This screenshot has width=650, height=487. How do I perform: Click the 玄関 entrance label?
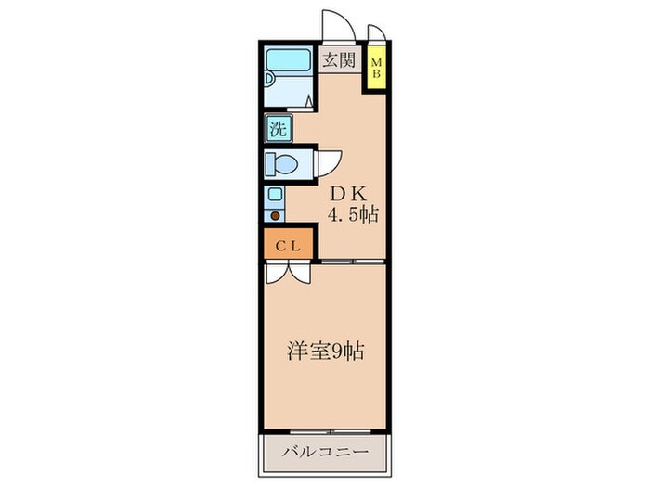tap(339, 60)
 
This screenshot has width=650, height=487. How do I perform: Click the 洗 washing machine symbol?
tap(278, 128)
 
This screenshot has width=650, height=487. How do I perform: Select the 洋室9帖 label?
tap(324, 352)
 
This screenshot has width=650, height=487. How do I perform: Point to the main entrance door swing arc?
tap(334, 24)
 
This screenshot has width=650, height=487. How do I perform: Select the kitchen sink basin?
tap(275, 195)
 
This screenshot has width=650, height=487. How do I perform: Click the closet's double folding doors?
tap(288, 273)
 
